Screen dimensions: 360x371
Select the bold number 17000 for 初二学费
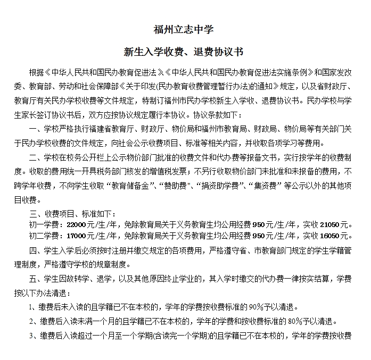pos(75,236)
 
